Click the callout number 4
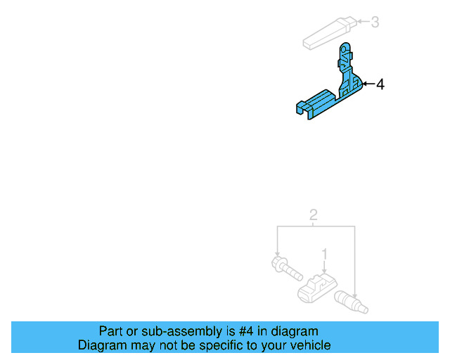380,85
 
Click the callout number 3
375,22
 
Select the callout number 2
314,215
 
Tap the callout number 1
324,253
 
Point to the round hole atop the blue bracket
345,49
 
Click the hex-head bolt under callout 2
285,269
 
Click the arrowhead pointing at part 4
365,85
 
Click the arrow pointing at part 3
361,22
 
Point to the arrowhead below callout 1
324,271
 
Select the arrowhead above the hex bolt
278,254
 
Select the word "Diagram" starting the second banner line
101,345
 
